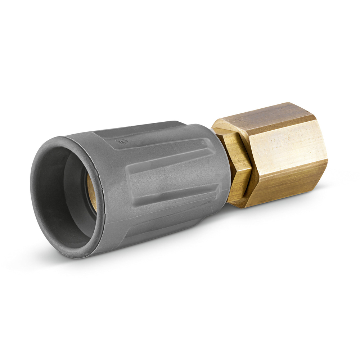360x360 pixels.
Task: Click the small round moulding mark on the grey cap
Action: tap(122, 141)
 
